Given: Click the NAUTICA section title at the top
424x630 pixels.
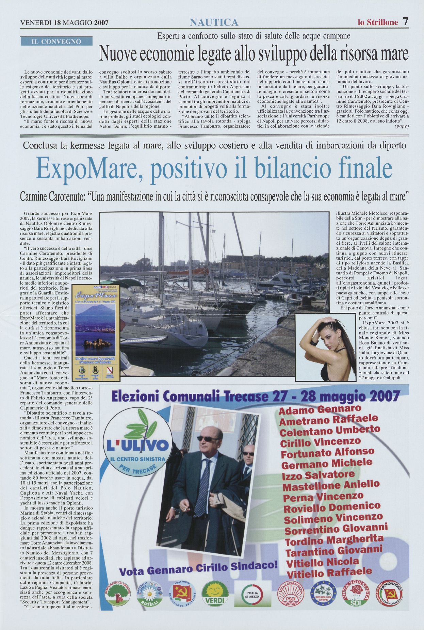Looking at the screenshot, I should coord(214,22).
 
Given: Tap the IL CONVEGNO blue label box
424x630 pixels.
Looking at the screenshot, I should coord(56,42).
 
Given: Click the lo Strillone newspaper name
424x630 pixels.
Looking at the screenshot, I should coord(378,22).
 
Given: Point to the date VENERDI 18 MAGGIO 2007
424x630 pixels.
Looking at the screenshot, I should coord(64,23).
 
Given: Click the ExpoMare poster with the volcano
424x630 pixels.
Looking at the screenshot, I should coord(96,333).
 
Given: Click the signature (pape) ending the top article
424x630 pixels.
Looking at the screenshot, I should coord(402,126).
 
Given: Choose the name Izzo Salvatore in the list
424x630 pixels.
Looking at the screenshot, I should coord(318,474).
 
